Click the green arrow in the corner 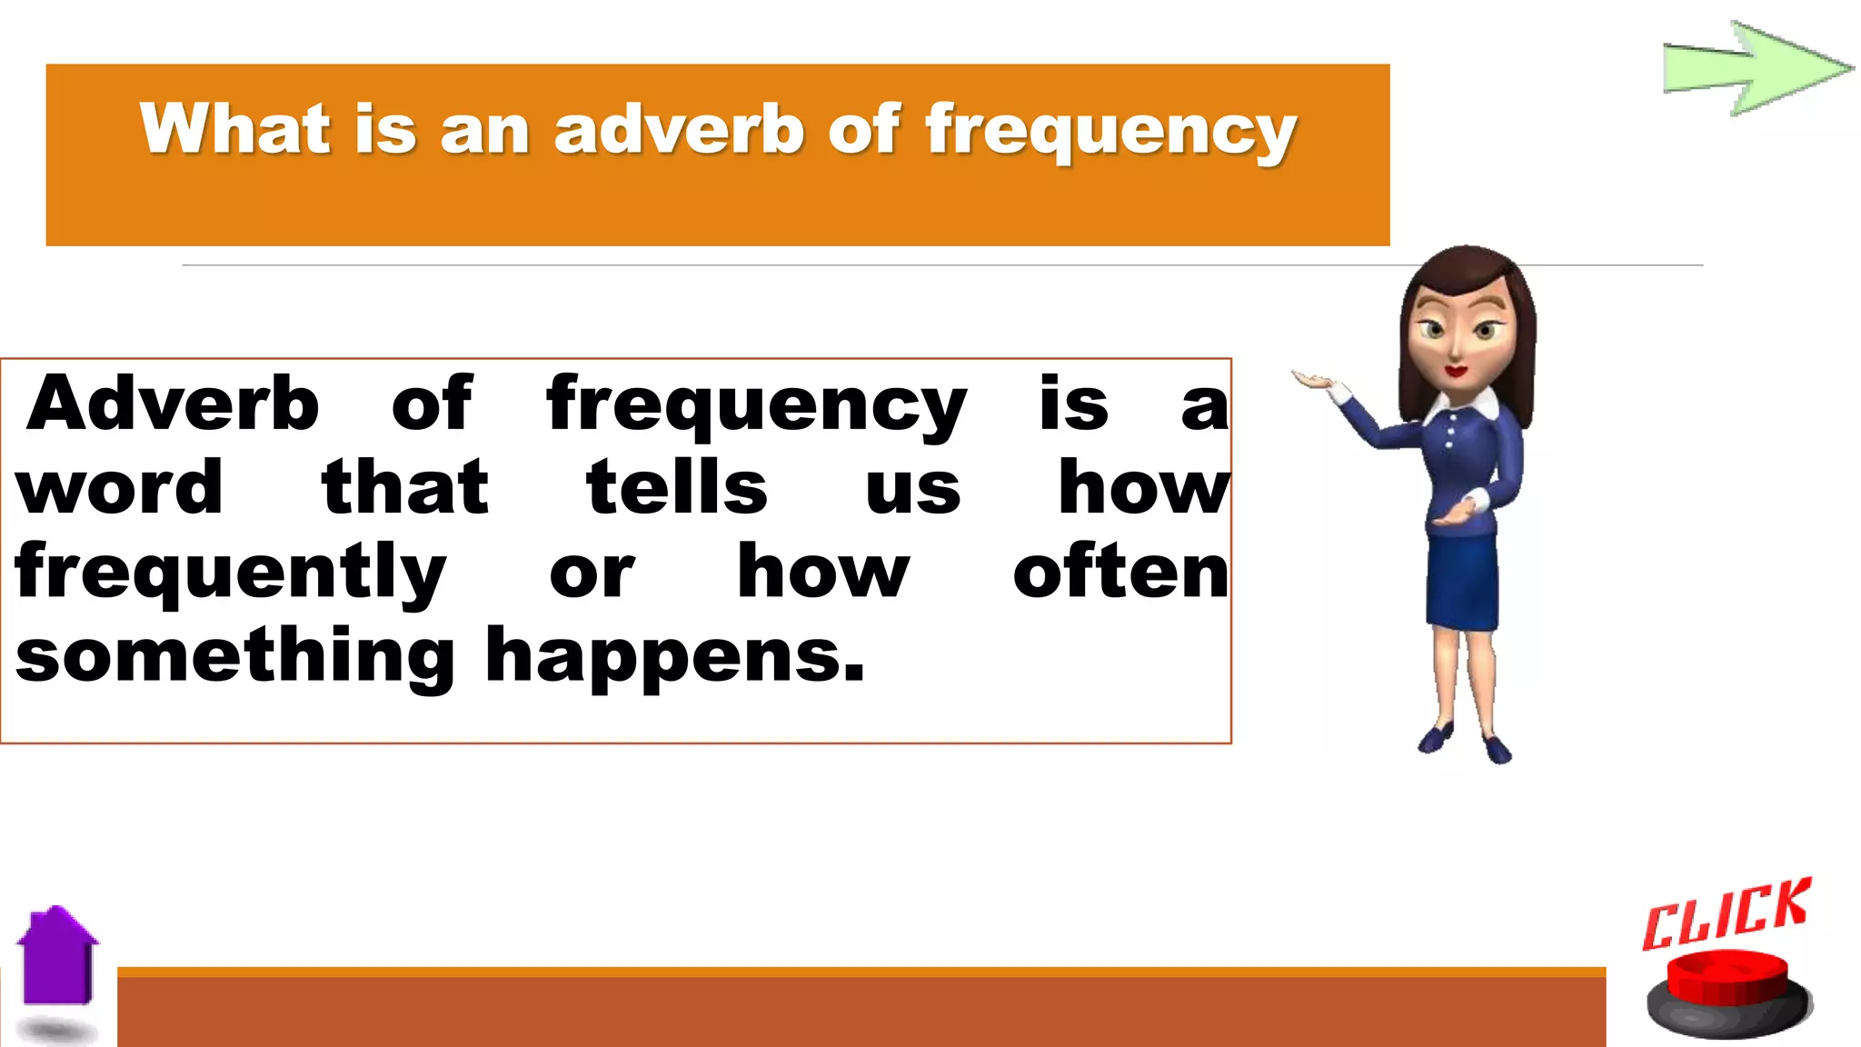1754,68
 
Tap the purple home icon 58,959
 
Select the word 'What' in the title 234,129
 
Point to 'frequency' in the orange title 1110,133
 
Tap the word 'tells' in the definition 677,487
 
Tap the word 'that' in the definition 405,487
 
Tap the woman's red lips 1455,371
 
